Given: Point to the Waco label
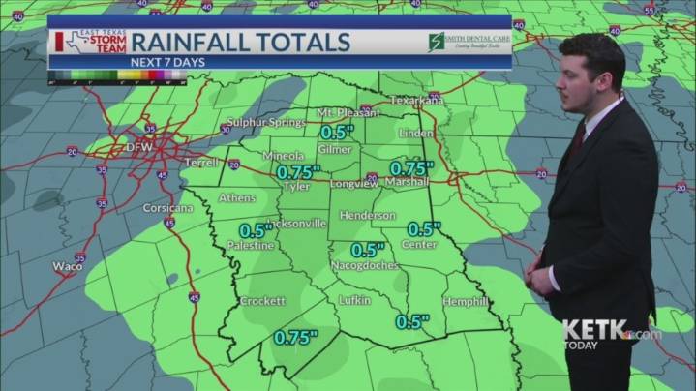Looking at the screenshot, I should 68,266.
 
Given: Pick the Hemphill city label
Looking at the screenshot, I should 465,302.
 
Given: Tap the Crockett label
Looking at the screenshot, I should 262,301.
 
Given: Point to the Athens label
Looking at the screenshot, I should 238,198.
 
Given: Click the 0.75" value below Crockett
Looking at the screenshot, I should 296,338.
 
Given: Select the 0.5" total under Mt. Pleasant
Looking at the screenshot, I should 339,132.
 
